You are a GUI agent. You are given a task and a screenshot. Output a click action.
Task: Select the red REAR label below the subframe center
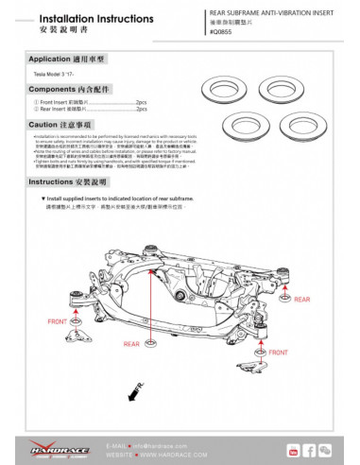click(131, 344)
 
